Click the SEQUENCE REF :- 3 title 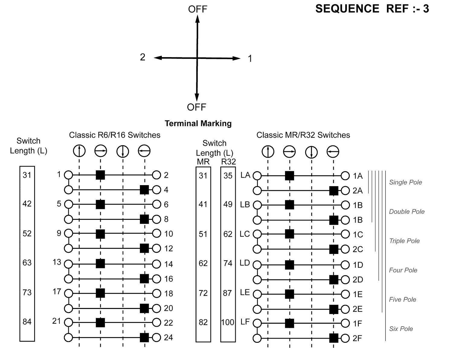pyautogui.click(x=372, y=9)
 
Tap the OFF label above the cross pyautogui.click(x=198, y=9)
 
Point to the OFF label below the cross pyautogui.click(x=196, y=107)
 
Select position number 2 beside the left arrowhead pyautogui.click(x=143, y=57)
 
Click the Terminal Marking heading pyautogui.click(x=198, y=124)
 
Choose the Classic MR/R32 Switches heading pyautogui.click(x=303, y=135)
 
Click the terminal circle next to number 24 pyautogui.click(x=156, y=337)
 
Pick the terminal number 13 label pyautogui.click(x=57, y=262)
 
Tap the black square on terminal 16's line pyautogui.click(x=144, y=278)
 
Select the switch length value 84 pyautogui.click(x=27, y=322)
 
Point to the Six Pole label pyautogui.click(x=401, y=329)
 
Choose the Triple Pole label pyautogui.click(x=404, y=241)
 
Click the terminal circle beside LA pyautogui.click(x=257, y=176)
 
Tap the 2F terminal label pyautogui.click(x=357, y=338)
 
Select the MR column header pyautogui.click(x=203, y=162)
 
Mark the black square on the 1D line pyautogui.click(x=289, y=265)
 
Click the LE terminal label pyautogui.click(x=245, y=292)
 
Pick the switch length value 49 pyautogui.click(x=228, y=204)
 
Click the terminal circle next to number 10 pyautogui.click(x=156, y=233)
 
